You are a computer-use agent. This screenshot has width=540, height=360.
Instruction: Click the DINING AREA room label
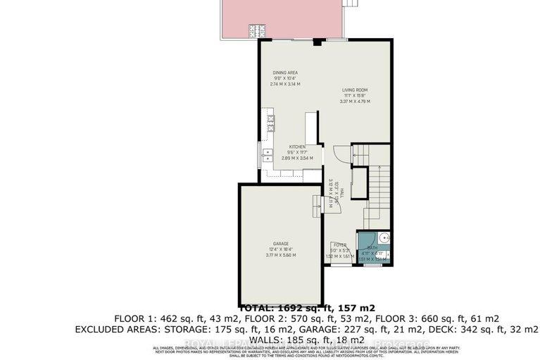285,73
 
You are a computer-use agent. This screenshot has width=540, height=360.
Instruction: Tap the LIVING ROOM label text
356,89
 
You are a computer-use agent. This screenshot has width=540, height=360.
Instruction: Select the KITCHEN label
296,147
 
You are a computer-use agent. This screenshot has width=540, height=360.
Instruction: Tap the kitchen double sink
268,156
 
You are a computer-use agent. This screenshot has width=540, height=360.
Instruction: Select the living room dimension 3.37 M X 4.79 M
356,101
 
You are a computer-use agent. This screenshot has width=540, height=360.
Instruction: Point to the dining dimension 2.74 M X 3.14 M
285,84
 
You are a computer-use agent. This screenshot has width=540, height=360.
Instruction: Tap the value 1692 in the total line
292,308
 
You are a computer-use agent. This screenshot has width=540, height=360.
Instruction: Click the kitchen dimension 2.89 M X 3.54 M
296,158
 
